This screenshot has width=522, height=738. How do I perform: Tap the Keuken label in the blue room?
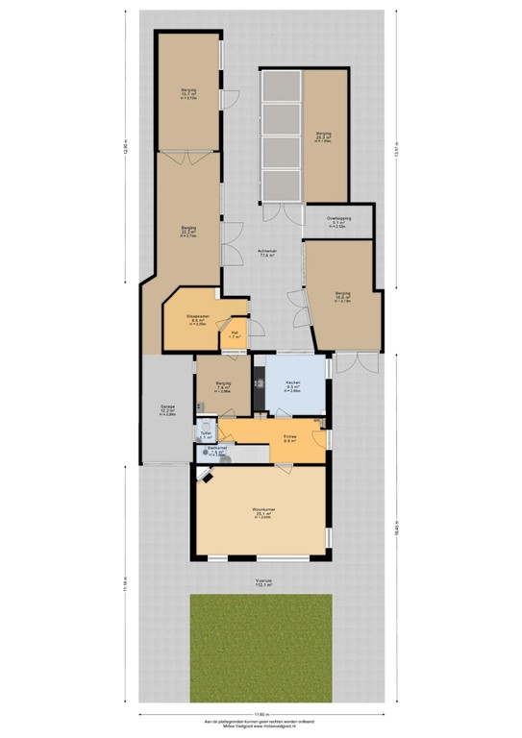(x=293, y=384)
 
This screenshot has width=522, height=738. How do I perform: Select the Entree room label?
(x=289, y=437)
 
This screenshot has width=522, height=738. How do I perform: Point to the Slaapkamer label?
(x=198, y=318)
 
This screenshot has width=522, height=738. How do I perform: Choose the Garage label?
(x=167, y=408)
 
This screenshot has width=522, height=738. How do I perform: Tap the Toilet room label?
(x=205, y=434)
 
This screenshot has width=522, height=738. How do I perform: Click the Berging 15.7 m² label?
(x=188, y=93)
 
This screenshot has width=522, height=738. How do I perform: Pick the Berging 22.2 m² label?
(x=189, y=231)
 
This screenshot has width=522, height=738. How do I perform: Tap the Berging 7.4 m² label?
(x=223, y=386)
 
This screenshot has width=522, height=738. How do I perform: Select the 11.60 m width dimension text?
(x=261, y=713)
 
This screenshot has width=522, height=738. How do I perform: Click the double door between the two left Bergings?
(x=189, y=153)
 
